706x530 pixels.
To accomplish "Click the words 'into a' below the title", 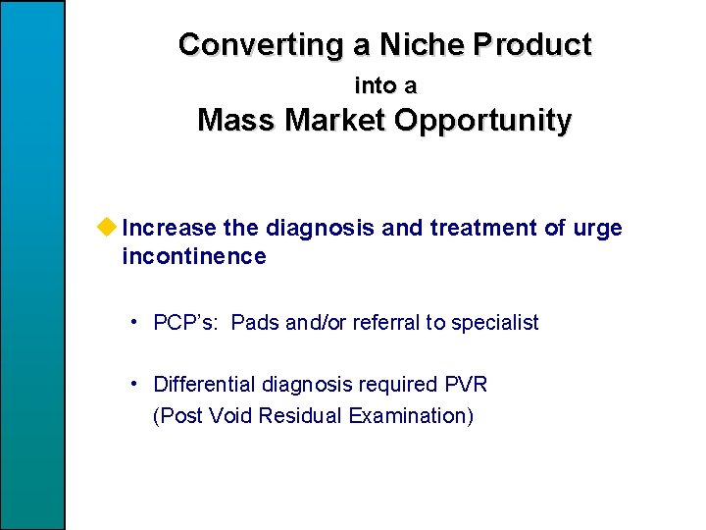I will (384, 85).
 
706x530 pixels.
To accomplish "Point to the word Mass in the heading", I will (233, 121).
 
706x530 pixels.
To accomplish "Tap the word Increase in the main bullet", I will (170, 229).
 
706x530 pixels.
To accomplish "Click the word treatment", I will (477, 229).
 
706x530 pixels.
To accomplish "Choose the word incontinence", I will (194, 257).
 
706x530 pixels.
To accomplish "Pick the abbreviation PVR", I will (466, 385).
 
